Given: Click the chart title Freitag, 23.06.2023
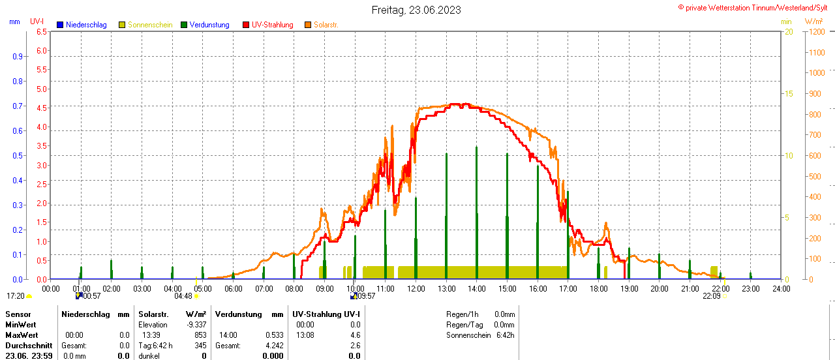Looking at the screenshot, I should pos(416,10).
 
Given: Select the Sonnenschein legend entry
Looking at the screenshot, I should pos(150,25).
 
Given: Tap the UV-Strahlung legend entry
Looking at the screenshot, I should pos(272,25).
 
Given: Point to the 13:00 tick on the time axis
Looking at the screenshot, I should pos(446,288).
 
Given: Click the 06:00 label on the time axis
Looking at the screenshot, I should pos(233,288).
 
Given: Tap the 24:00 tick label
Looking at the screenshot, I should pos(781,288).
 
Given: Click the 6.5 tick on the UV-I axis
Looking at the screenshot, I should pos(42,31).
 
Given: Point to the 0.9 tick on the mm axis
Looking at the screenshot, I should pos(18,57).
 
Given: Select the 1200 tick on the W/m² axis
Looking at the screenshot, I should pos(815,31).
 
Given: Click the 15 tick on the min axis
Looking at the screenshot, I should pos(789,94).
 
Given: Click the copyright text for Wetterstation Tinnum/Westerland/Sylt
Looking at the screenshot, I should pos(757,7).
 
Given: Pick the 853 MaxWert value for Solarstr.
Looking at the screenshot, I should pos(200,335).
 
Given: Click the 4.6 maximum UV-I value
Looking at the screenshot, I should pos(355,335).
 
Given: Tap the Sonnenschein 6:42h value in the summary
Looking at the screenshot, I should pos(504,335).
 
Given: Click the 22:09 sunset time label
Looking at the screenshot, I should pos(711,295).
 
